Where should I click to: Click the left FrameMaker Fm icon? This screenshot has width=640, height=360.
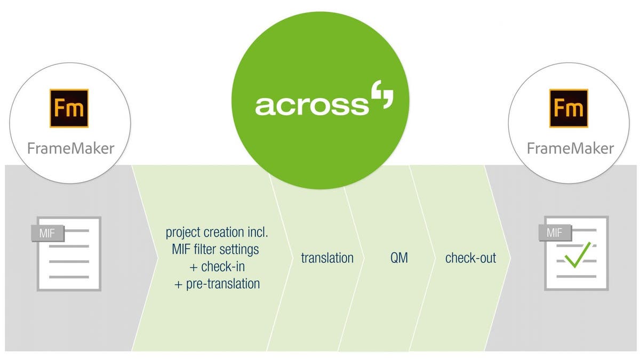tap(69, 108)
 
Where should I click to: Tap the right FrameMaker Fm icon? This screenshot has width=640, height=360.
tap(569, 108)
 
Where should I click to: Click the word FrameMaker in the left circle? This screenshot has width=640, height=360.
tap(70, 148)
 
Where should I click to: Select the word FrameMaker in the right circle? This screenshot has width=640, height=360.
tap(570, 148)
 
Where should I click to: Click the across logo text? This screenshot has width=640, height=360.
tap(311, 105)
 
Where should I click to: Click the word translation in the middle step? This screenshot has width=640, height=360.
tap(327, 258)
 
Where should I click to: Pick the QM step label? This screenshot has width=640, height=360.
tap(398, 258)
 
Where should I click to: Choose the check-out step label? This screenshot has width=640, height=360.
tap(470, 258)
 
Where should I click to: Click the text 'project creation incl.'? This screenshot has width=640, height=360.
tap(217, 233)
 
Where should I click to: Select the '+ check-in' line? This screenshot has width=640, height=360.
tap(217, 266)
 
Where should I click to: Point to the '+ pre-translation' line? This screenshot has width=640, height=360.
tap(217, 284)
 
